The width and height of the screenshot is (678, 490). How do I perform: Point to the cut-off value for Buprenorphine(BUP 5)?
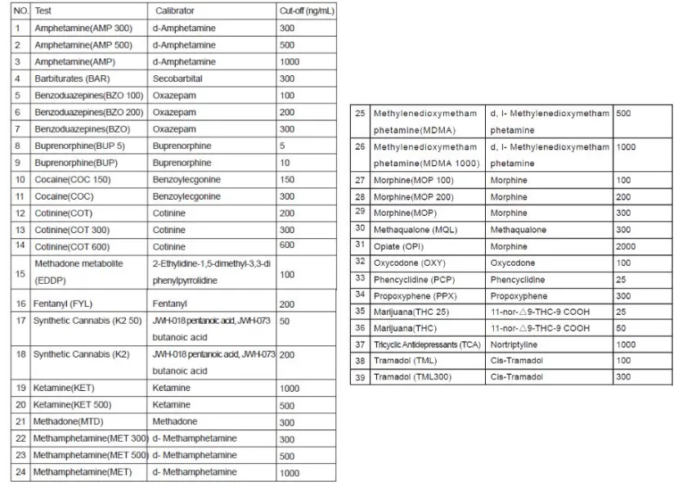(282, 146)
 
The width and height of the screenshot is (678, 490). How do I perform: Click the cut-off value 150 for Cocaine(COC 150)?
(286, 180)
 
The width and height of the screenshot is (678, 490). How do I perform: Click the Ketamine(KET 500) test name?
(77, 405)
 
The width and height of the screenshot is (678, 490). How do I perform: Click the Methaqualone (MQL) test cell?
(415, 230)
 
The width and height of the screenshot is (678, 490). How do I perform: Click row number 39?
(359, 377)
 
